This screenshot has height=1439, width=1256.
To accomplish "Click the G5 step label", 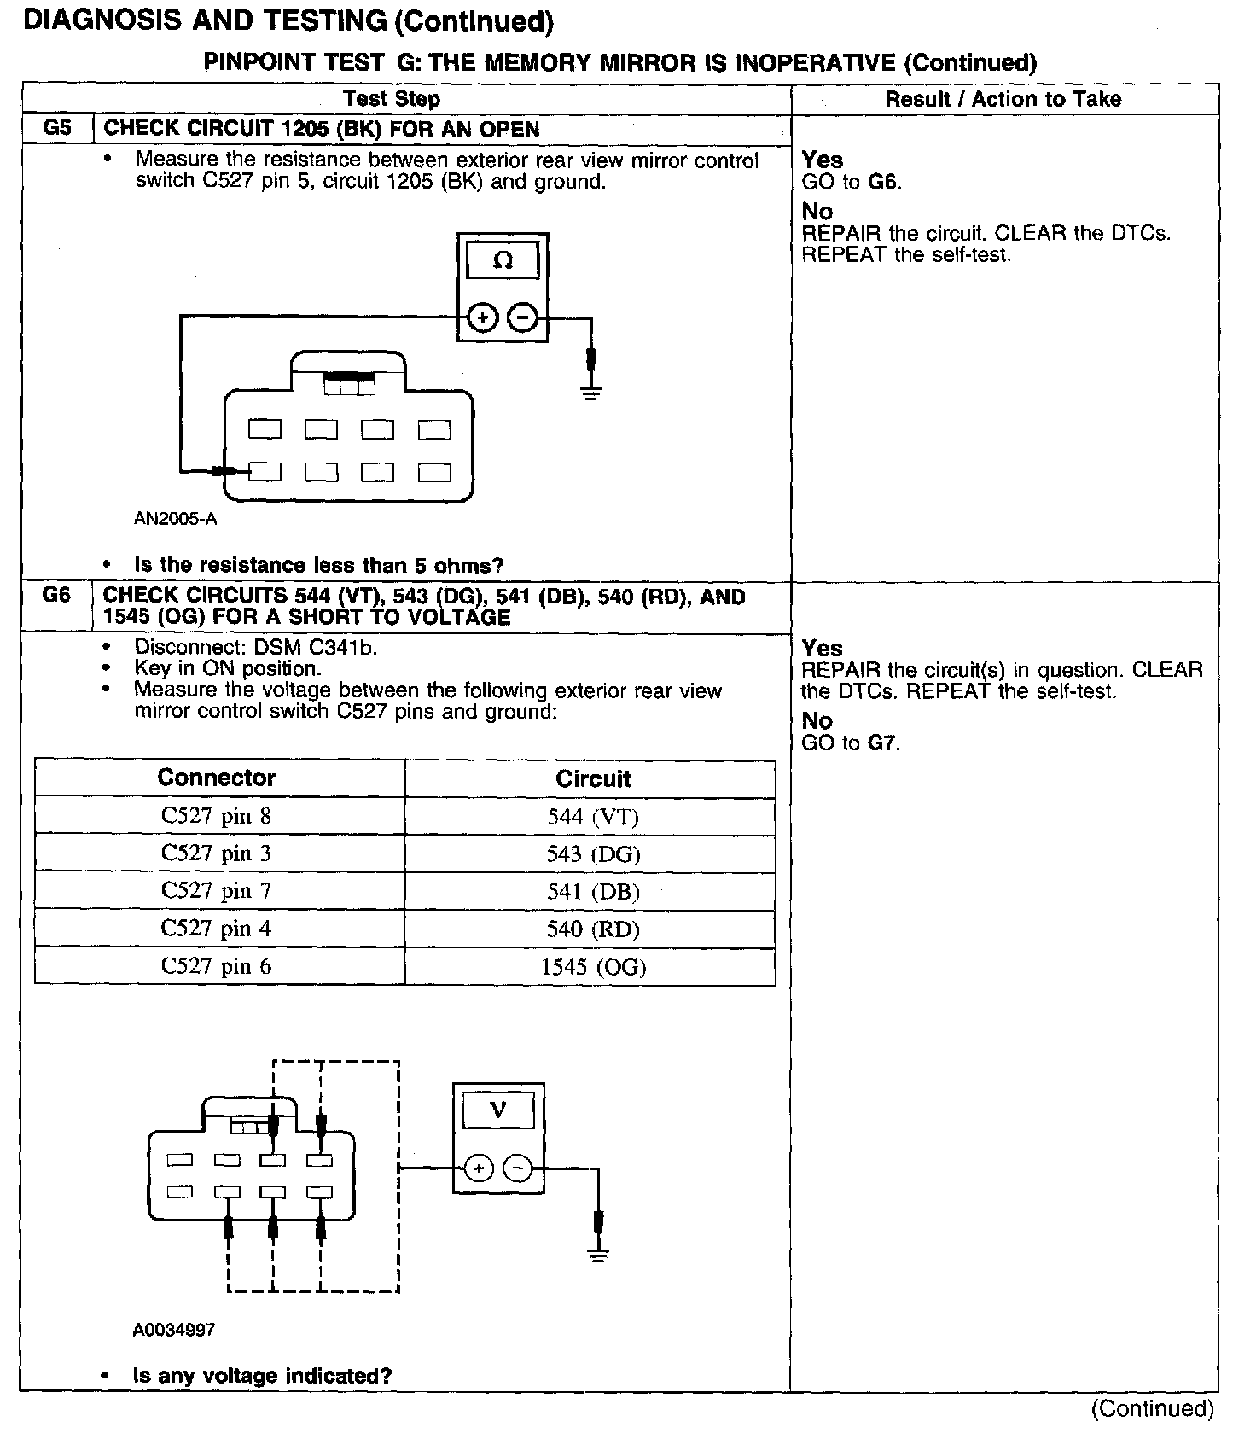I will pyautogui.click(x=56, y=129).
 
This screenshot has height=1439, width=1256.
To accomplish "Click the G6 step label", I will pyautogui.click(x=56, y=595).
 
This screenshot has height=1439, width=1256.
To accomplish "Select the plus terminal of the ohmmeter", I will pyautogui.click(x=483, y=318).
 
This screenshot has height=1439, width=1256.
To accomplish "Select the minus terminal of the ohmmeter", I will pyautogui.click(x=522, y=318).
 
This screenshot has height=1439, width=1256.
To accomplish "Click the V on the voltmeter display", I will pyautogui.click(x=498, y=1110).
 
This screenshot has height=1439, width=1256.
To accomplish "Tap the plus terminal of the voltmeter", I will pyautogui.click(x=479, y=1168).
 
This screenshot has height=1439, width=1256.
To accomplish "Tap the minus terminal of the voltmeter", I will pyautogui.click(x=518, y=1168).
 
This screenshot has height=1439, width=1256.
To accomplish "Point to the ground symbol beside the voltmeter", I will pyautogui.click(x=598, y=1254).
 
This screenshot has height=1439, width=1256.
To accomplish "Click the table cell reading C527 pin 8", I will pyautogui.click(x=217, y=816).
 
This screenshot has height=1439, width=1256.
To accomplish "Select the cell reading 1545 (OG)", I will pyautogui.click(x=593, y=966).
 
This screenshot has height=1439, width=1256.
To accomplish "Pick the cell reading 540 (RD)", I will pyautogui.click(x=593, y=929).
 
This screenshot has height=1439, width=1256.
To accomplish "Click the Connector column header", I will pyautogui.click(x=217, y=778).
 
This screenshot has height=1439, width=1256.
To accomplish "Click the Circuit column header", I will pyautogui.click(x=593, y=778).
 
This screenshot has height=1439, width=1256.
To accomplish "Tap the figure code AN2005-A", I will pyautogui.click(x=175, y=519).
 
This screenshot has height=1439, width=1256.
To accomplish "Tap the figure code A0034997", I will pyautogui.click(x=174, y=1330).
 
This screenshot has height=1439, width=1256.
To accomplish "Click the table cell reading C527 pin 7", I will pyautogui.click(x=217, y=891).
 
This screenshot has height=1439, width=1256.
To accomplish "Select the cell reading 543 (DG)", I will pyautogui.click(x=593, y=853).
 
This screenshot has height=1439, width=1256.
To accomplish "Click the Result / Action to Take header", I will pyautogui.click(x=1003, y=99).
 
